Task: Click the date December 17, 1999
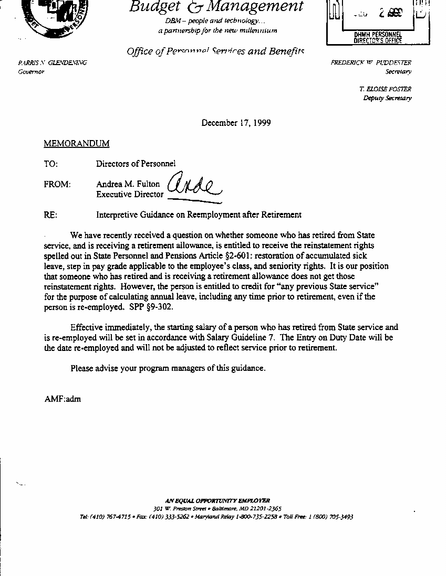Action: coord(236,123)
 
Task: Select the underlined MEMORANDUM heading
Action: coord(77,143)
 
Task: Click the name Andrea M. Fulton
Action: coord(128,184)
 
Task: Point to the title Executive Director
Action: coord(130,194)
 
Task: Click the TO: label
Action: coord(51,164)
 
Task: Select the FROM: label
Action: coord(57,184)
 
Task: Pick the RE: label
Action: coord(50,215)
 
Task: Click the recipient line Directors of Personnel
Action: coord(136,164)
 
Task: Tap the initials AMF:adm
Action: coord(63,399)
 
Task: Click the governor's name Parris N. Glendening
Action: coord(53,63)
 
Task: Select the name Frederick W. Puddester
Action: coord(371,63)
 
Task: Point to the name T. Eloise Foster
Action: coord(385,89)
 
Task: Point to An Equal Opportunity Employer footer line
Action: coord(217,501)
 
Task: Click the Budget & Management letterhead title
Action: coord(216,7)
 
